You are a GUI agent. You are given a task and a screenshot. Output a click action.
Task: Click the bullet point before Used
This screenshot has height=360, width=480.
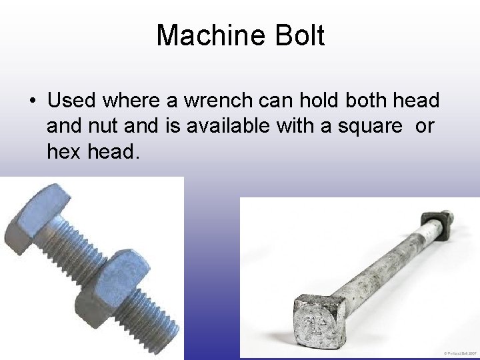click(32, 101)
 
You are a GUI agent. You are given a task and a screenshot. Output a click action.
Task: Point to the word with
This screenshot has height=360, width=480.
click(281, 127)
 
